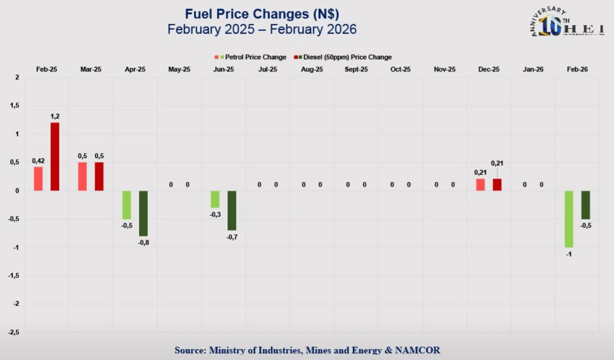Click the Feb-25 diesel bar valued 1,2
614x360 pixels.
coord(55,157)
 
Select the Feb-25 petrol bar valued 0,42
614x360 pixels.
coord(38,179)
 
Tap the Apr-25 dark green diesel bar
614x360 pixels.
coord(144,213)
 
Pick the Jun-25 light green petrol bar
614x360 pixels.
coord(215,199)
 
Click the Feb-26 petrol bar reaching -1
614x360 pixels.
coord(569,219)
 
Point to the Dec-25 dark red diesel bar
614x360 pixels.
coord(497,185)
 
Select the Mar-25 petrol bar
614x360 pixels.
coord(83,177)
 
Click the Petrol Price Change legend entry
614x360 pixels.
coord(251,57)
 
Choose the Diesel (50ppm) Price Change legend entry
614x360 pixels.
coord(343,57)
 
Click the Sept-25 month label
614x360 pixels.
coord(356,69)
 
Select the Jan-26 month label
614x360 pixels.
coord(533,69)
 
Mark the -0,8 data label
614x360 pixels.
coord(144,242)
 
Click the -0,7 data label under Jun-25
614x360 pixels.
coord(232,237)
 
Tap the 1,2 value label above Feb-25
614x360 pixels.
coord(55,116)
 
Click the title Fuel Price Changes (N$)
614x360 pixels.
coord(262,14)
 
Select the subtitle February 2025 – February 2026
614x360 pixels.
coord(262,29)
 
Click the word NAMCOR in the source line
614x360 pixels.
coord(418,350)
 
